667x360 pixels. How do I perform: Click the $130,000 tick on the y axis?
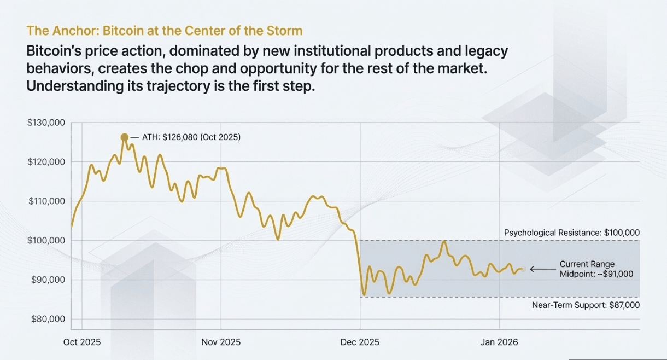point(46,123)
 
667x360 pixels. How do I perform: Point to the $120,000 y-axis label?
point(46,162)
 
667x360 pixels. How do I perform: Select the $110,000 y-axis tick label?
point(46,201)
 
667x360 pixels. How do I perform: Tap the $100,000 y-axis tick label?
point(46,241)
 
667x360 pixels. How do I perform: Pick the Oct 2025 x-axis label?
point(82,342)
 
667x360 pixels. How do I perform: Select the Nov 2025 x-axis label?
point(221,342)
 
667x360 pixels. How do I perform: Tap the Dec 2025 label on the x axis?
point(360,342)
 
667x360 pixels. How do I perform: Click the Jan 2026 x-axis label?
point(499,342)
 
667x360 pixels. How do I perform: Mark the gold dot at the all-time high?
point(125,137)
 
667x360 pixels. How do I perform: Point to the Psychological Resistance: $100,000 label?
point(571,233)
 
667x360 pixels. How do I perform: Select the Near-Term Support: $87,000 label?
point(586,305)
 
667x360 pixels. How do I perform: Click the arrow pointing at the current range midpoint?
point(541,269)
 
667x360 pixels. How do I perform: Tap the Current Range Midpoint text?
point(587,269)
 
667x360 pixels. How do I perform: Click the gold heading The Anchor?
point(164,30)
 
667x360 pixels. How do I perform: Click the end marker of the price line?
point(522,269)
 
